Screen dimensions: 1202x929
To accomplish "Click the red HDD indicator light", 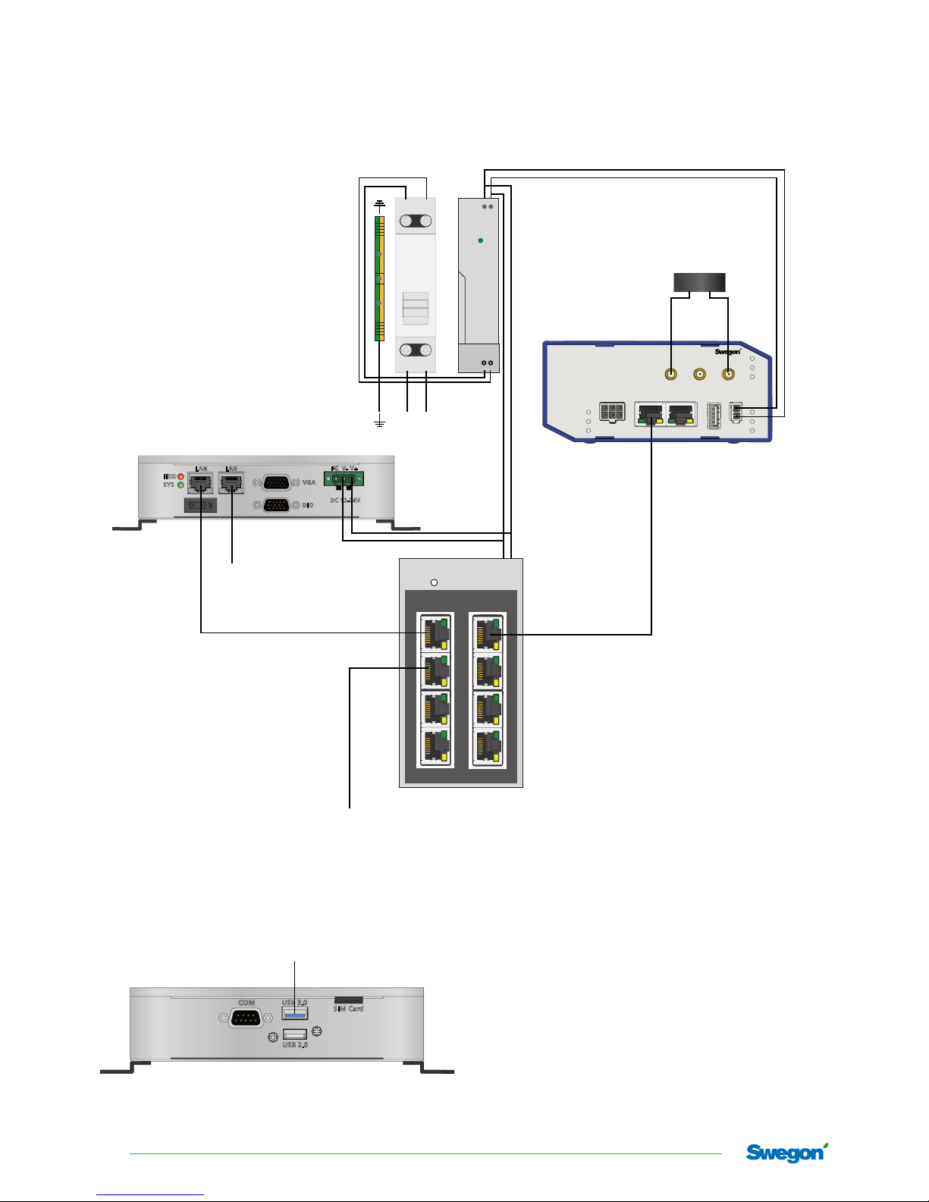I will pos(180,476).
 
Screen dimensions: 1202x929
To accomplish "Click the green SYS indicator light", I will pos(180,485).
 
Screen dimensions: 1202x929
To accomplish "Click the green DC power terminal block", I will pos(344,479).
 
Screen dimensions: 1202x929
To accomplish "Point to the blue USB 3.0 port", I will pos(295,1014).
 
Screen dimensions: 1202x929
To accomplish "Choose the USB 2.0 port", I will pos(295,1034).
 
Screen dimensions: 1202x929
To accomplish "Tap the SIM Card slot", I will pos(349,1000).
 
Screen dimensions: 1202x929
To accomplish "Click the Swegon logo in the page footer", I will pos(786,1153).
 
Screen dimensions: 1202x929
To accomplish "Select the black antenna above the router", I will pos(700,282).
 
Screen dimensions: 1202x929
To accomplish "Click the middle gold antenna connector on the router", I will pos(700,374).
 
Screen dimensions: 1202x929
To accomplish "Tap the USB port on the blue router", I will pos(714,416).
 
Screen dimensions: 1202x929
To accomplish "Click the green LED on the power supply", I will pos(481,240).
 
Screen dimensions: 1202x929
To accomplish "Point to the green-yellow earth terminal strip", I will pos(379,278).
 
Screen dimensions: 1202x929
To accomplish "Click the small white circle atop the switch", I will pos(434,583).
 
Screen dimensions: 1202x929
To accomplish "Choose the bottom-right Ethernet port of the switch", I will pos(487,746).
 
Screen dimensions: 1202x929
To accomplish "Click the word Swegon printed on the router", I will pos(727,352).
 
